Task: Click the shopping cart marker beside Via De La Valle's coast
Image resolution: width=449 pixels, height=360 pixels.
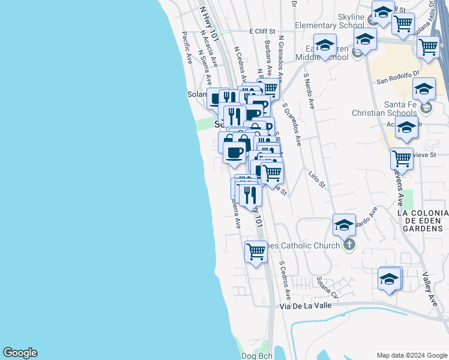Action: [256, 251]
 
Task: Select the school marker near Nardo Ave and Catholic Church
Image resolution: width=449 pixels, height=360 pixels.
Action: [344, 225]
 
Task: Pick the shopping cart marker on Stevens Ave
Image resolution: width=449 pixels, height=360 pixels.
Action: [402, 159]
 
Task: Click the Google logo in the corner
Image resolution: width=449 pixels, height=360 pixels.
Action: [20, 353]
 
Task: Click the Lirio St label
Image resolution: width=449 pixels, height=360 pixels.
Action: [316, 179]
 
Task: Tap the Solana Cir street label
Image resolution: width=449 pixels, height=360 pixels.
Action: [328, 287]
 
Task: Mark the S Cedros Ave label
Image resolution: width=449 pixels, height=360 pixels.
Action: [285, 280]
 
